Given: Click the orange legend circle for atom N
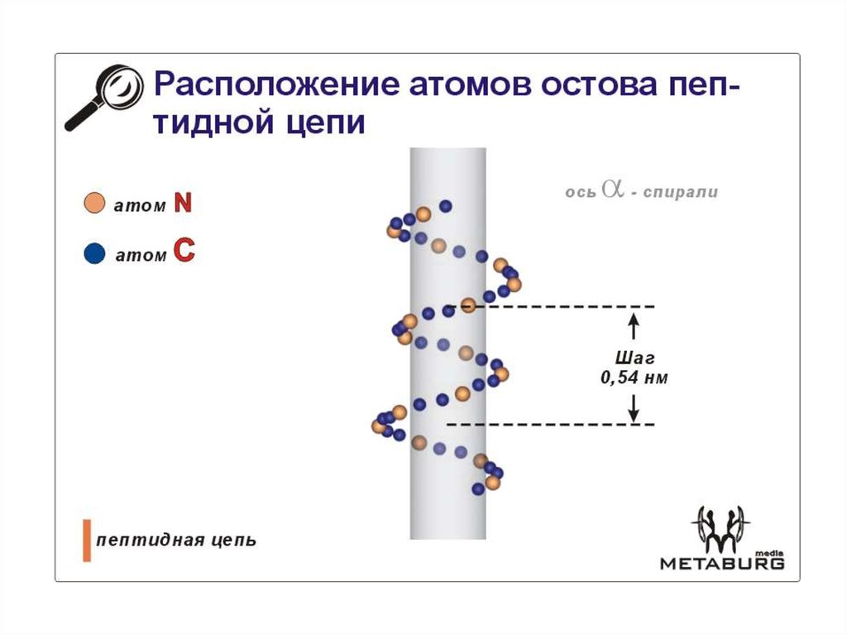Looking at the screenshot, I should [95, 204].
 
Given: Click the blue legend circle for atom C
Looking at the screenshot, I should [95, 254].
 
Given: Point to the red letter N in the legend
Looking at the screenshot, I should [182, 204].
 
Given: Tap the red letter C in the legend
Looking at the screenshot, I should [182, 253].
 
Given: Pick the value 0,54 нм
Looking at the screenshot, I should [634, 378].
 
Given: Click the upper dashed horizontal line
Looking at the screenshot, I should [571, 307].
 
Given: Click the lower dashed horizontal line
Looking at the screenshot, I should [554, 425].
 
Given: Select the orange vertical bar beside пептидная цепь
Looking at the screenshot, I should [86, 541].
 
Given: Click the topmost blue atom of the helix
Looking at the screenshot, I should [446, 205].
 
